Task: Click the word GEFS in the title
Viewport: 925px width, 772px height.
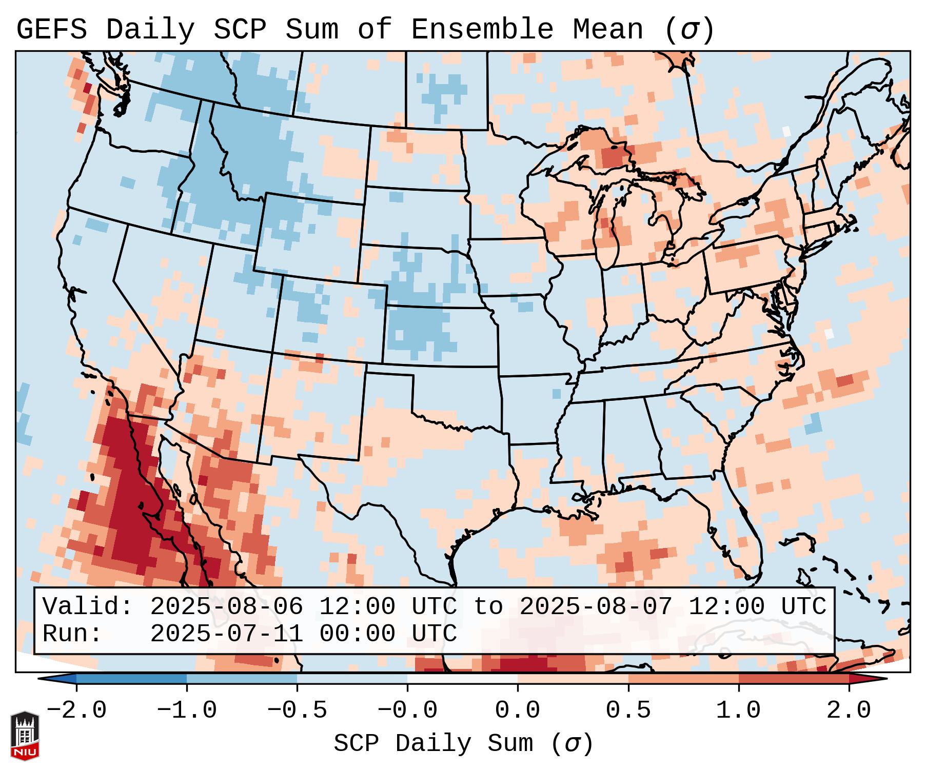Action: pyautogui.click(x=51, y=30)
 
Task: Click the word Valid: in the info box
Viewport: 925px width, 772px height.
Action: pyautogui.click(x=88, y=607)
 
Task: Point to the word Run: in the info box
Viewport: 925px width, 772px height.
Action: pyautogui.click(x=72, y=634)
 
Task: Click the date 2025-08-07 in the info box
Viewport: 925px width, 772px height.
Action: pyautogui.click(x=596, y=607)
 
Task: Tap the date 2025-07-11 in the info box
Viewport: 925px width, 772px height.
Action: pyautogui.click(x=226, y=634)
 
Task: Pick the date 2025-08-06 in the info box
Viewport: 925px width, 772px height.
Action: pyautogui.click(x=226, y=607)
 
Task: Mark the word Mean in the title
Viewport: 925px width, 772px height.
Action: pyautogui.click(x=608, y=30)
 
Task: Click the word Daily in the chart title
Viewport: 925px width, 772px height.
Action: pyautogui.click(x=150, y=30)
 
